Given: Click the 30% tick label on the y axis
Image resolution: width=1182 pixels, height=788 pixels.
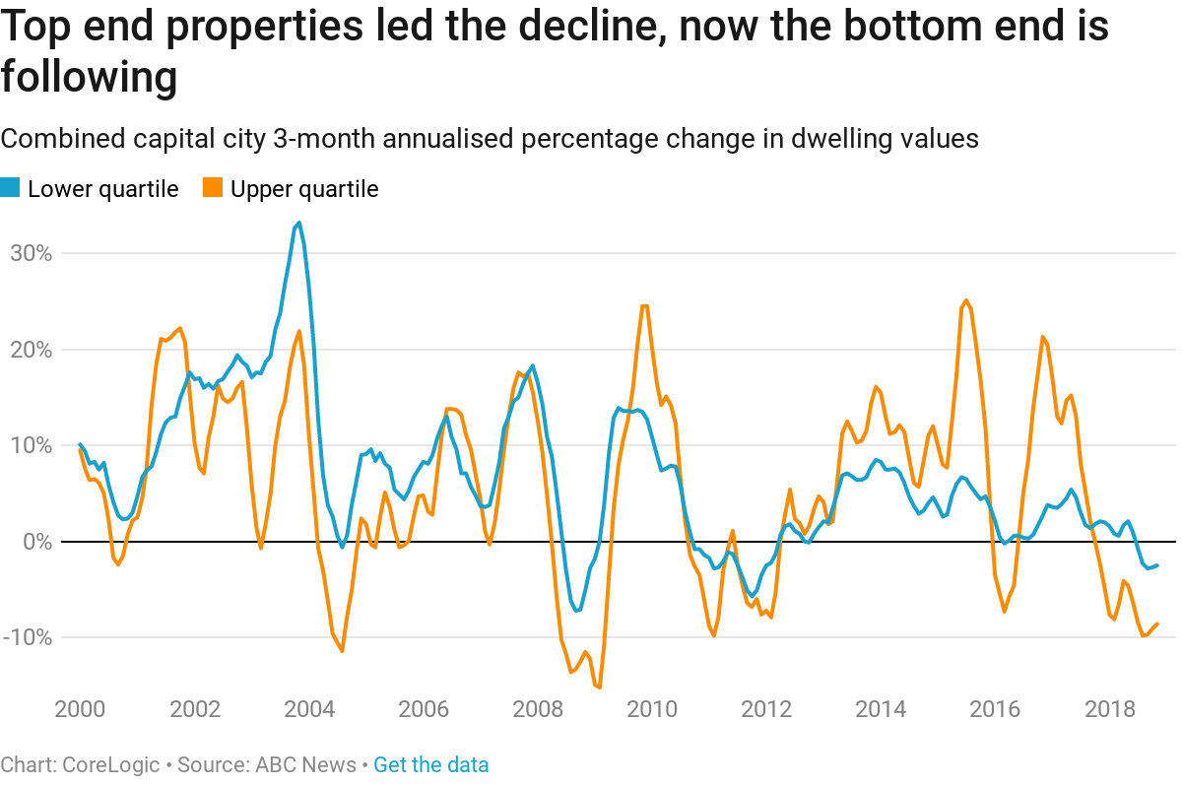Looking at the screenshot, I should click(32, 253).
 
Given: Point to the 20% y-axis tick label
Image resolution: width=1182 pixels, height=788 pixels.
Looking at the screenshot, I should click(32, 350).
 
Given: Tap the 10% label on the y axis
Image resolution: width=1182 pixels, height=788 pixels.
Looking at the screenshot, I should click(32, 445).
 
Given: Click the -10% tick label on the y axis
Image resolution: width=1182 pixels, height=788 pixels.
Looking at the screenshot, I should click(29, 637).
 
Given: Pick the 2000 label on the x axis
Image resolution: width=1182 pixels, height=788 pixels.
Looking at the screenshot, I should click(80, 710).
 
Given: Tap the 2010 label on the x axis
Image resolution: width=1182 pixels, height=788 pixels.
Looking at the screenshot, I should click(651, 710).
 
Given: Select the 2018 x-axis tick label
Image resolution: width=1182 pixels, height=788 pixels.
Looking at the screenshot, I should click(1109, 710).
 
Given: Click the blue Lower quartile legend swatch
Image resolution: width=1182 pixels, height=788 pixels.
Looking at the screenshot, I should click(10, 188).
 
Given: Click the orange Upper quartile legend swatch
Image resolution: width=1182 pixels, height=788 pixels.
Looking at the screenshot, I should click(213, 188).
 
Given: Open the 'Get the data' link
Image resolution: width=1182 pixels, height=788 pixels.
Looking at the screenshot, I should click(430, 765).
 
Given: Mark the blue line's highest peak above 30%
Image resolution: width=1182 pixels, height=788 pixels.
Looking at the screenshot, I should click(298, 224).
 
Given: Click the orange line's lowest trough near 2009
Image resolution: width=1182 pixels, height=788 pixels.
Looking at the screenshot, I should click(599, 687).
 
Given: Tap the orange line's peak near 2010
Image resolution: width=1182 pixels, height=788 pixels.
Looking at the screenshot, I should click(644, 305).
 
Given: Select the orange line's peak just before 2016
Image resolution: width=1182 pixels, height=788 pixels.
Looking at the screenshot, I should click(965, 300).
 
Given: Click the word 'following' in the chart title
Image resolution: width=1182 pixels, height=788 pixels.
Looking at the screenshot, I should click(89, 77).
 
